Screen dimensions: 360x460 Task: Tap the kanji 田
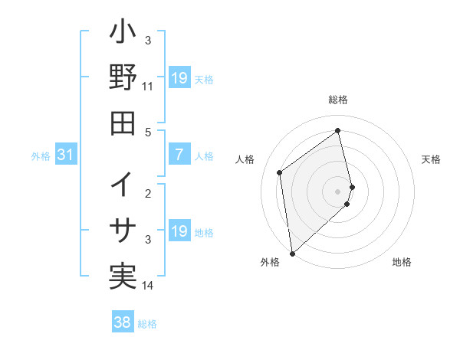123,122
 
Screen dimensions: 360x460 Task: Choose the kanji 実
123,275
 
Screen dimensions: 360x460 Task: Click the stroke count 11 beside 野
148,87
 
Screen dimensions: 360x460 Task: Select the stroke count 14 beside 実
148,286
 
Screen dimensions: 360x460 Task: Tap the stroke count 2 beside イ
148,193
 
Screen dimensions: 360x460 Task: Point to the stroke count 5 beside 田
148,132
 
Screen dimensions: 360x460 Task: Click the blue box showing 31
66,155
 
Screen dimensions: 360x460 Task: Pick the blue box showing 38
123,323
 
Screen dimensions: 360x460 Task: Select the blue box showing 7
179,155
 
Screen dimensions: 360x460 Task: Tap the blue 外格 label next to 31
41,156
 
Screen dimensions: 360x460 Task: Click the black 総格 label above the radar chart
338,100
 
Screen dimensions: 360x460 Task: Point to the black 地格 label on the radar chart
402,263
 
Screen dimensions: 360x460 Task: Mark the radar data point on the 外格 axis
292,253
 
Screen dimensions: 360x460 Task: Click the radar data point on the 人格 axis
280,172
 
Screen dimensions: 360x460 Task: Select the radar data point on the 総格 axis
338,130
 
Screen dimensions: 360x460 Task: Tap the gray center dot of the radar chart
338,191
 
